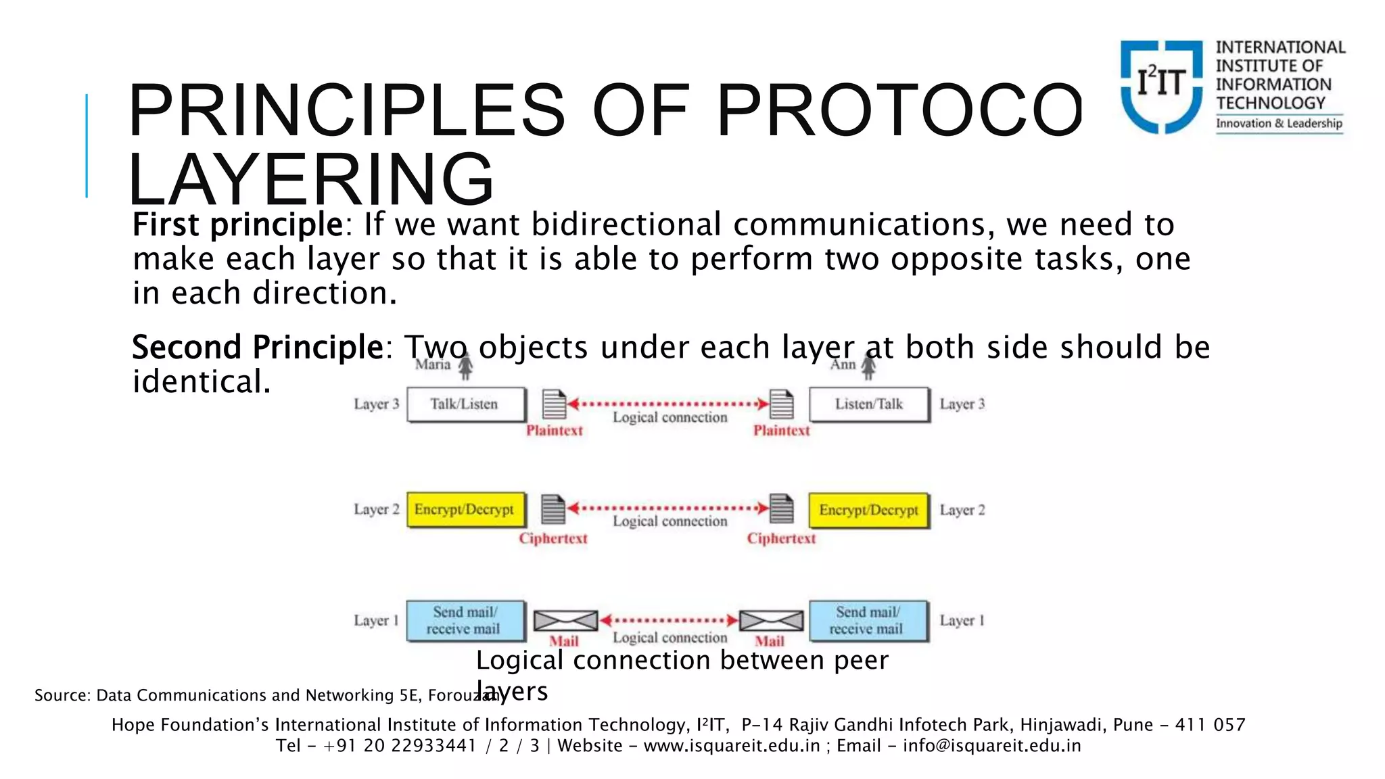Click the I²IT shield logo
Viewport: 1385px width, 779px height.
pyautogui.click(x=1161, y=86)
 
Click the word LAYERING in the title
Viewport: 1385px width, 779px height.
pyautogui.click(x=311, y=180)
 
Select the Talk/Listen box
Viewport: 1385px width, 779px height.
pyautogui.click(x=466, y=404)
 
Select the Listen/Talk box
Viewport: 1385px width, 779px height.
pyautogui.click(x=869, y=404)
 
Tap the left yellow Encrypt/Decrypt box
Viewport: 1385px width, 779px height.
pyautogui.click(x=466, y=510)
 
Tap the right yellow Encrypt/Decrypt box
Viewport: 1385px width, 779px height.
pyautogui.click(x=869, y=510)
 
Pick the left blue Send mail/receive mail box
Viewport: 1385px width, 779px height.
pyautogui.click(x=466, y=621)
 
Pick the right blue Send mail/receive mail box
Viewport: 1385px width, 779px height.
pyautogui.click(x=868, y=621)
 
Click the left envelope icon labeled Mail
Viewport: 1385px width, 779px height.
pyautogui.click(x=565, y=620)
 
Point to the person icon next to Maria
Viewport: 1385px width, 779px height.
pyautogui.click(x=465, y=367)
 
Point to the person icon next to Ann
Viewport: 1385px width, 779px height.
pyautogui.click(x=868, y=367)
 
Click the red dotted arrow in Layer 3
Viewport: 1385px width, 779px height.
pyautogui.click(x=668, y=404)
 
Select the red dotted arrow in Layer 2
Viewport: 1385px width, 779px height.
pyautogui.click(x=668, y=509)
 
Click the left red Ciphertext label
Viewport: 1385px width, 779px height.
pyautogui.click(x=553, y=539)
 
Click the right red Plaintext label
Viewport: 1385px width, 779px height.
pyautogui.click(x=781, y=431)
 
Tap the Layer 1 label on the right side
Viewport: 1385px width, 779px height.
pyautogui.click(x=962, y=621)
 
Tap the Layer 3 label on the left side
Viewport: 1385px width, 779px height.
pyautogui.click(x=377, y=404)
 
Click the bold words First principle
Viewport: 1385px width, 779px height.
pyautogui.click(x=237, y=225)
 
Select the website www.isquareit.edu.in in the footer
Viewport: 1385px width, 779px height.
pyautogui.click(x=732, y=746)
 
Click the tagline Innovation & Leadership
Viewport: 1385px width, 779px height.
pyautogui.click(x=1279, y=123)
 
